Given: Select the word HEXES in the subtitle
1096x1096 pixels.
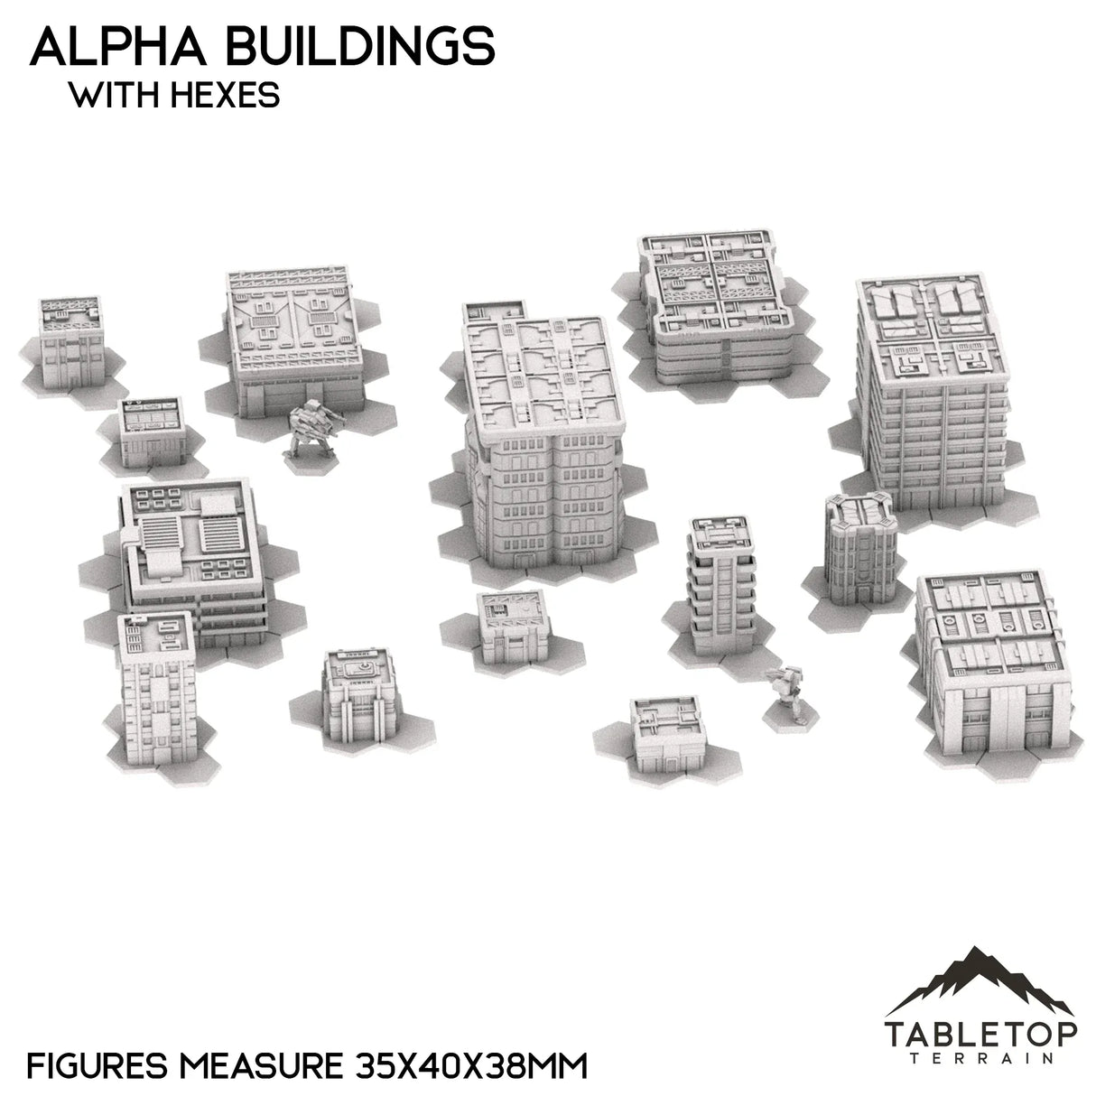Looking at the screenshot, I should click(x=227, y=96).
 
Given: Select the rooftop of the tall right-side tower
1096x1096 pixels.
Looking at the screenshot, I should click(x=929, y=335).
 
